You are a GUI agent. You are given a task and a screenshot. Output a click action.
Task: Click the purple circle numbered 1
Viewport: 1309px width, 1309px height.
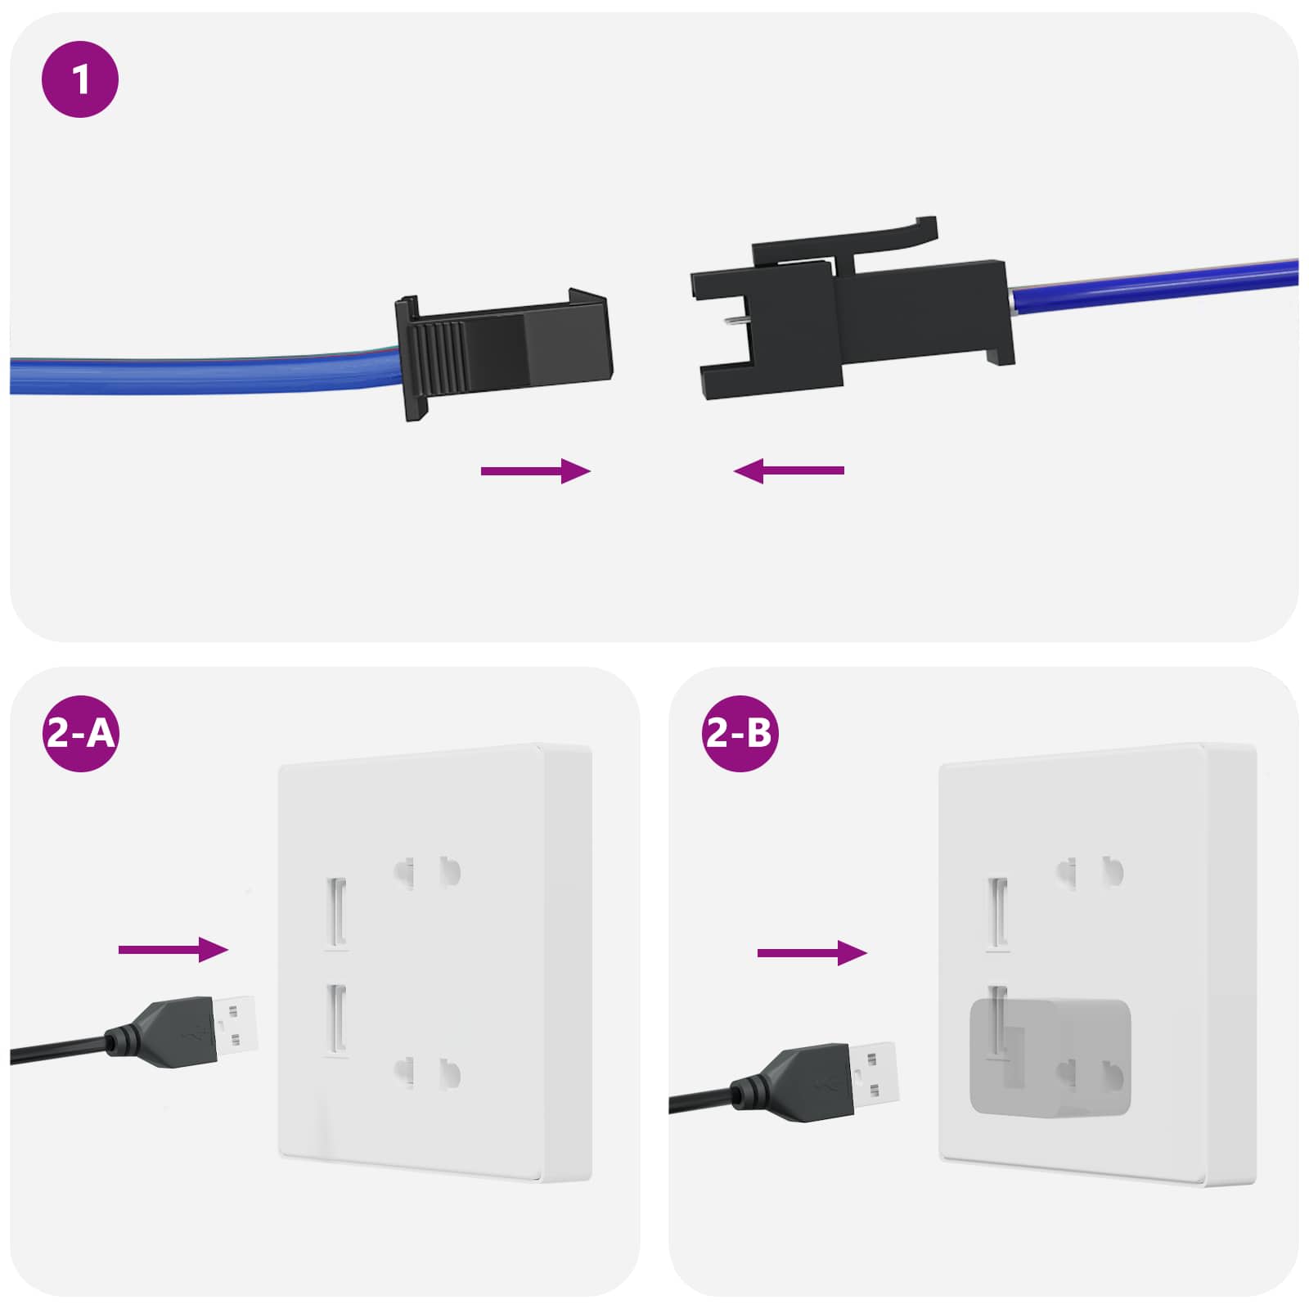pyautogui.click(x=80, y=79)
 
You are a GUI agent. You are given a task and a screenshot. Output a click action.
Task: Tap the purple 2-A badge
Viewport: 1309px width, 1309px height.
pyautogui.click(x=80, y=733)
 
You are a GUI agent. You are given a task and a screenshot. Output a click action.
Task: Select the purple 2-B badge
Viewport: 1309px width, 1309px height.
pyautogui.click(x=740, y=733)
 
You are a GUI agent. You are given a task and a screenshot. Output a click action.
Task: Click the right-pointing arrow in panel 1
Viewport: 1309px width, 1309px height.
pyautogui.click(x=535, y=471)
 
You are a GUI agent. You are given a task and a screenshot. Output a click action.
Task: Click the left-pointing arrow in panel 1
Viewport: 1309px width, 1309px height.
pyautogui.click(x=789, y=471)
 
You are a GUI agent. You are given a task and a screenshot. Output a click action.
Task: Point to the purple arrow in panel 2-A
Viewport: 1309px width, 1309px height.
pyautogui.click(x=173, y=950)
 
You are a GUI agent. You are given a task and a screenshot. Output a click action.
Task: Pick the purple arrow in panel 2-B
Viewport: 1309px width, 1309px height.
pyautogui.click(x=812, y=953)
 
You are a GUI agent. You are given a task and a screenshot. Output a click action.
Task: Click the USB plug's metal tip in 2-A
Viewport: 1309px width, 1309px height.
pyautogui.click(x=236, y=1023)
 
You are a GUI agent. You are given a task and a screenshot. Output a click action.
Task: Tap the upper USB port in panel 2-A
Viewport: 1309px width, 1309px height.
pyautogui.click(x=337, y=911)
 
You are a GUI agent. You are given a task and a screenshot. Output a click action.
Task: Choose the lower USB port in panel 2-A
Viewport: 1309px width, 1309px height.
pyautogui.click(x=337, y=1018)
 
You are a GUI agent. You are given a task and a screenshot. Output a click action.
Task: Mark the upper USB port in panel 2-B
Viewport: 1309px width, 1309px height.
pyautogui.click(x=997, y=911)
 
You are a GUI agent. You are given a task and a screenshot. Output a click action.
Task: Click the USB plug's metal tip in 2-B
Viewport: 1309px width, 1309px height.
pyautogui.click(x=875, y=1072)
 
